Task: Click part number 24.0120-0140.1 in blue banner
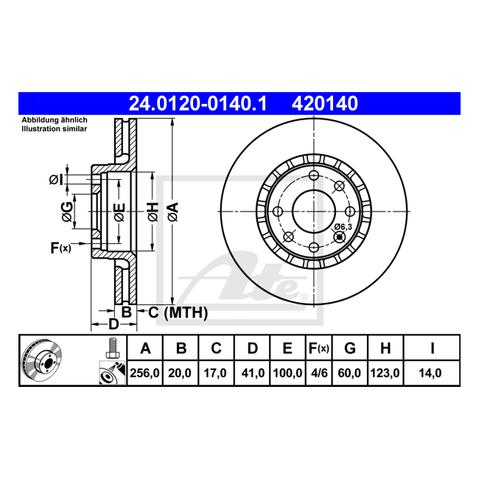coord(198,104)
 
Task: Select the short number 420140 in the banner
coord(325,104)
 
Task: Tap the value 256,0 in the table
coord(144,373)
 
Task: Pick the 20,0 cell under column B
coord(180,373)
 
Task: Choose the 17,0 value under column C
coord(215,373)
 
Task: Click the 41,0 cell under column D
coord(253,373)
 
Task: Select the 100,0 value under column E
coord(287,373)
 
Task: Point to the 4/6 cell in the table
coord(319,373)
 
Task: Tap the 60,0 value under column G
coord(349,373)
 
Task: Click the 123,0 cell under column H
coord(385,373)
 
